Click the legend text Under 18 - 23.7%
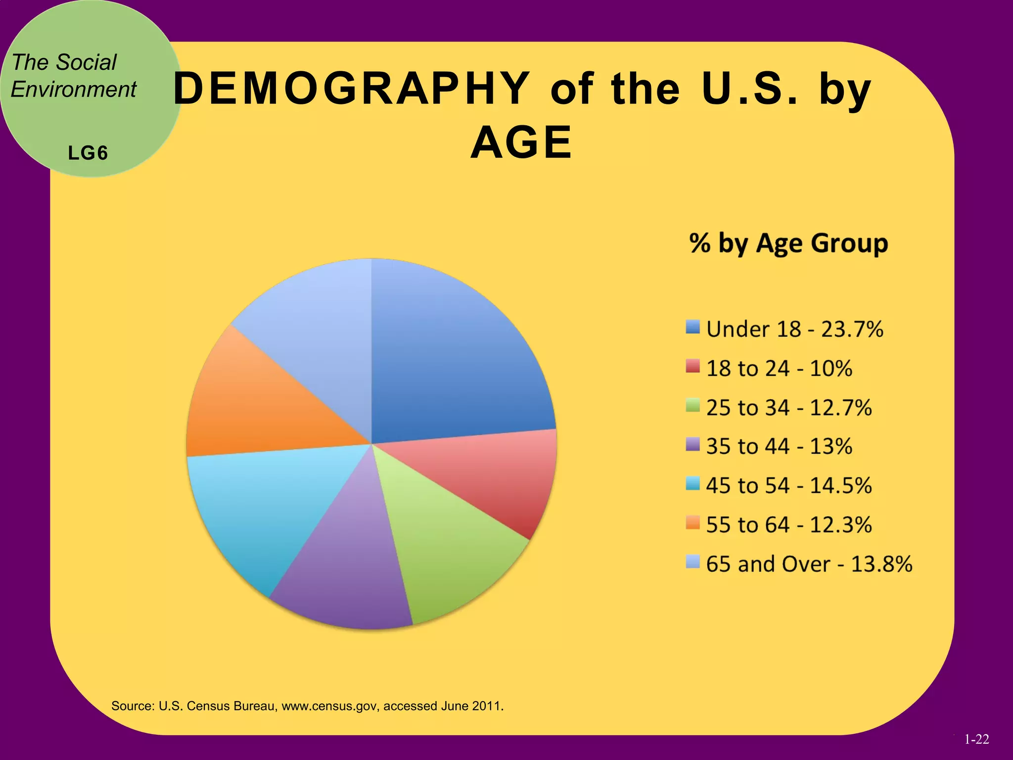coord(794,330)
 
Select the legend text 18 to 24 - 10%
coord(779,369)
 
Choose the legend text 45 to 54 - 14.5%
coord(788,486)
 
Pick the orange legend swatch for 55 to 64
coord(693,522)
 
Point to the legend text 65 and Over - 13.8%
coord(809,564)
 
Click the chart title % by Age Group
coord(788,243)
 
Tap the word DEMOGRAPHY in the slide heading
coord(351,89)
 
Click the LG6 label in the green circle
coord(88,153)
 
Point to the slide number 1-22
coord(976,740)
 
